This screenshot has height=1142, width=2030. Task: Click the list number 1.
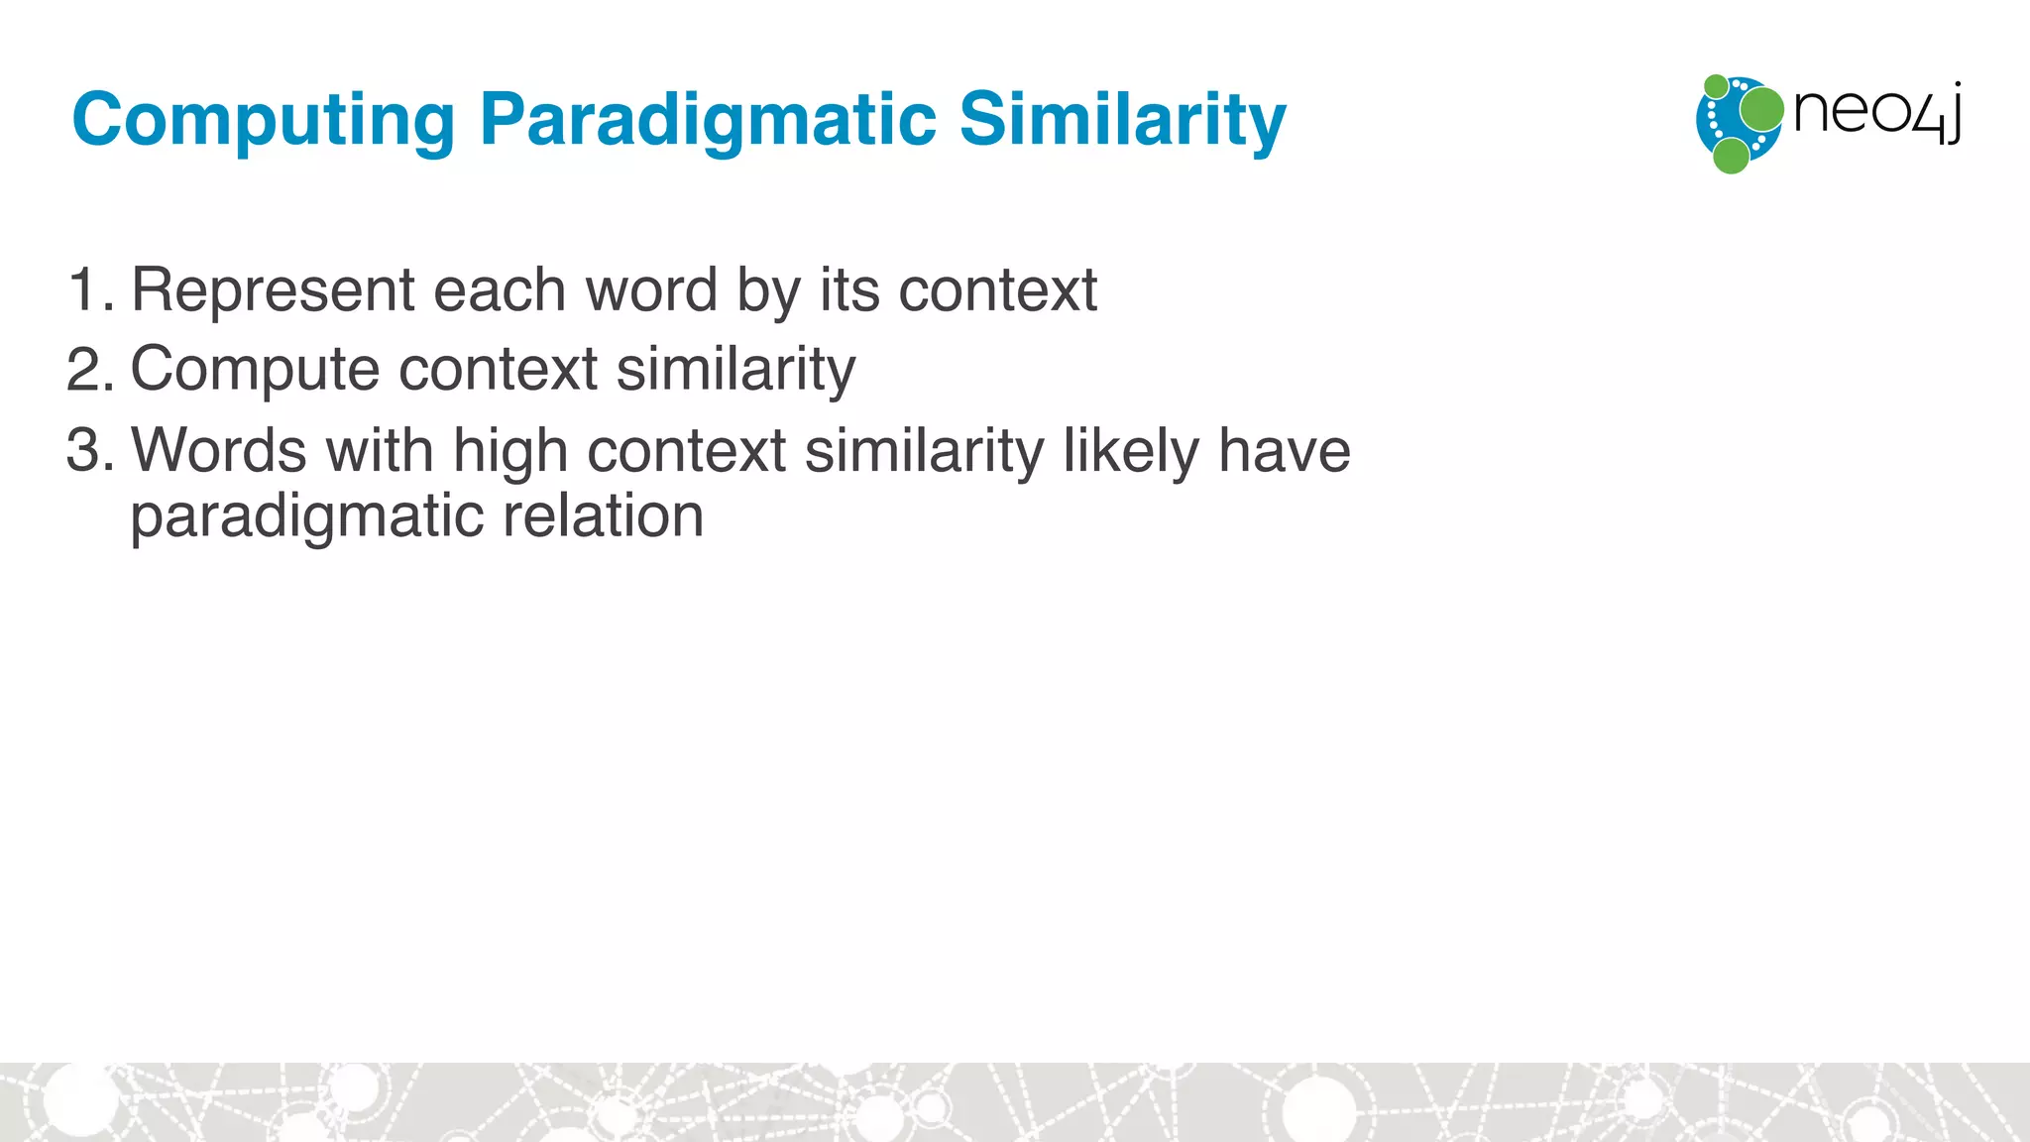point(87,290)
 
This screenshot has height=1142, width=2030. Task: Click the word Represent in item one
point(273,290)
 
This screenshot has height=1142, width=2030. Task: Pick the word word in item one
point(651,290)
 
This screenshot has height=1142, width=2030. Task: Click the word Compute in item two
point(255,370)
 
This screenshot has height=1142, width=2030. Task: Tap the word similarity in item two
point(735,370)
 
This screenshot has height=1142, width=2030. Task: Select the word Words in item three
point(219,451)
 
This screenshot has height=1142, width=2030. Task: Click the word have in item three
point(1284,451)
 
